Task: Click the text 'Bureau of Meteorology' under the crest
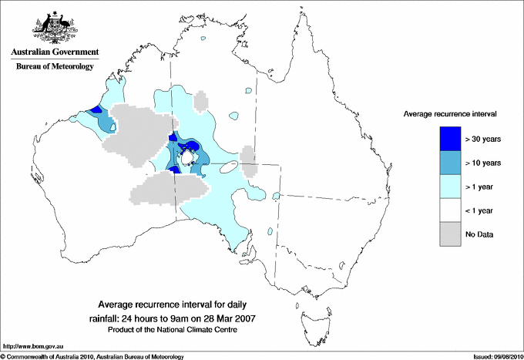(x=55, y=67)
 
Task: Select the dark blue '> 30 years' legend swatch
(x=450, y=139)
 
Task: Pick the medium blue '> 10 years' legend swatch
(x=450, y=163)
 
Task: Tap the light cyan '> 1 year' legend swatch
(x=450, y=187)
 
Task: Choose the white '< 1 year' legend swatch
(x=450, y=210)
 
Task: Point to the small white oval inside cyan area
(x=230, y=167)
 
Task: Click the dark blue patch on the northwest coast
(x=96, y=111)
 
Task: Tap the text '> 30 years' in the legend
(x=483, y=139)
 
